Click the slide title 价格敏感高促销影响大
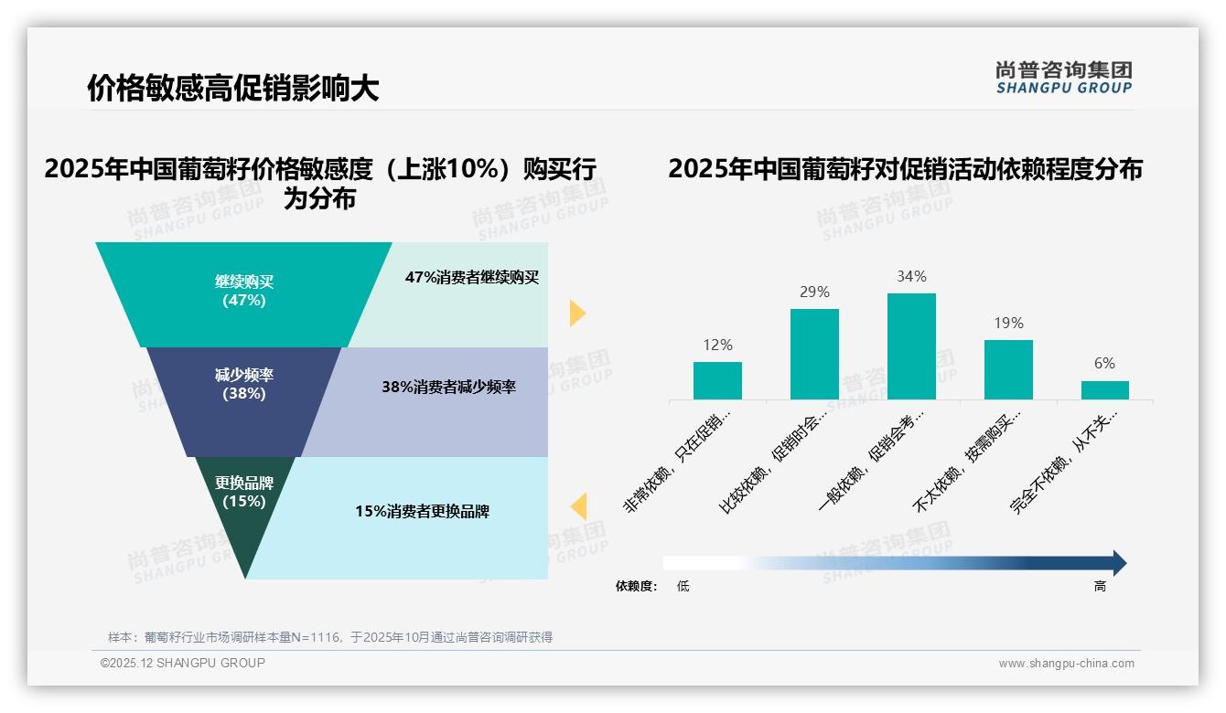tap(232, 89)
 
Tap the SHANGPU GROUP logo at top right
tap(1063, 77)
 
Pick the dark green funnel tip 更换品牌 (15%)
tap(244, 498)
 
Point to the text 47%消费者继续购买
tap(472, 278)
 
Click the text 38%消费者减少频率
tap(448, 388)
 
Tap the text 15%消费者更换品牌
tap(422, 512)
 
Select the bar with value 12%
tap(717, 380)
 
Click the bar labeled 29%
tap(814, 354)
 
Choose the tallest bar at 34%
tap(911, 346)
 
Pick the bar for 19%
tap(1008, 369)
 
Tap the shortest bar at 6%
tap(1104, 390)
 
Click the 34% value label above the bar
tap(911, 276)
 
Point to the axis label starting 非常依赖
tap(679, 461)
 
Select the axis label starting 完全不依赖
tap(1065, 461)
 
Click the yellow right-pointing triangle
tap(576, 313)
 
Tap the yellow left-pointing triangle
tap(578, 506)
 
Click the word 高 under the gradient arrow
tap(1100, 587)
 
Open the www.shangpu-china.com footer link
tap(1066, 664)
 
